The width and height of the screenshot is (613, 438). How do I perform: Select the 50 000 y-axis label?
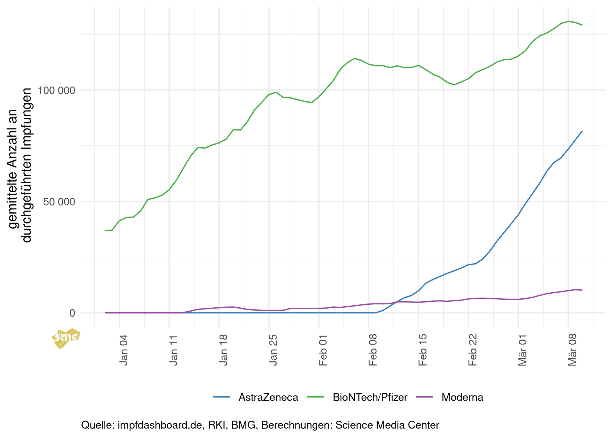point(59,201)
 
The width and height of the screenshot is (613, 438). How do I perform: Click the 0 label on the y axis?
point(72,313)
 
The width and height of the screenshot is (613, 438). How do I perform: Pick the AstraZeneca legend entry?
point(268,397)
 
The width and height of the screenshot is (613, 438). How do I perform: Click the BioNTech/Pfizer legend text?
point(370,397)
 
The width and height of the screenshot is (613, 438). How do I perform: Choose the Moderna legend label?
point(462,397)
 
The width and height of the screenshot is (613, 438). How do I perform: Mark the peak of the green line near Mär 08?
point(568,21)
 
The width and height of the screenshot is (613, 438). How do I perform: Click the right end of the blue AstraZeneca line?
point(582,131)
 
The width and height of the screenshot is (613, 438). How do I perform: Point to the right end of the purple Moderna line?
point(582,290)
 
